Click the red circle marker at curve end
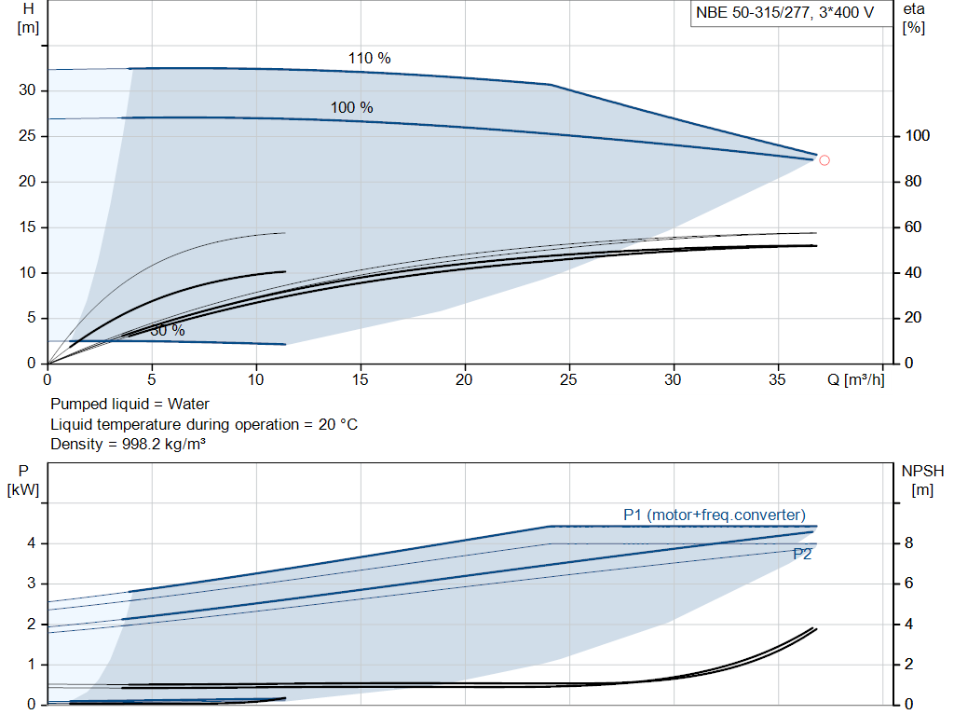click(824, 160)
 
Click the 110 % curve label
click(369, 58)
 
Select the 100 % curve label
click(351, 107)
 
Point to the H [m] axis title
click(28, 17)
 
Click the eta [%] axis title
click(913, 17)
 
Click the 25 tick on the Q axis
click(568, 380)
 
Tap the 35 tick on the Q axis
click(777, 380)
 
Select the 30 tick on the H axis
click(27, 90)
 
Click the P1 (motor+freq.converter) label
click(714, 515)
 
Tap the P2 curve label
click(802, 554)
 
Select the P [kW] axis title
click(24, 481)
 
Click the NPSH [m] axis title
click(921, 481)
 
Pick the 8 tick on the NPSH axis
click(909, 543)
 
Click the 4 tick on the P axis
click(31, 543)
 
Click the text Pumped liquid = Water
click(129, 405)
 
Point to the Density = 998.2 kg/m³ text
click(128, 444)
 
